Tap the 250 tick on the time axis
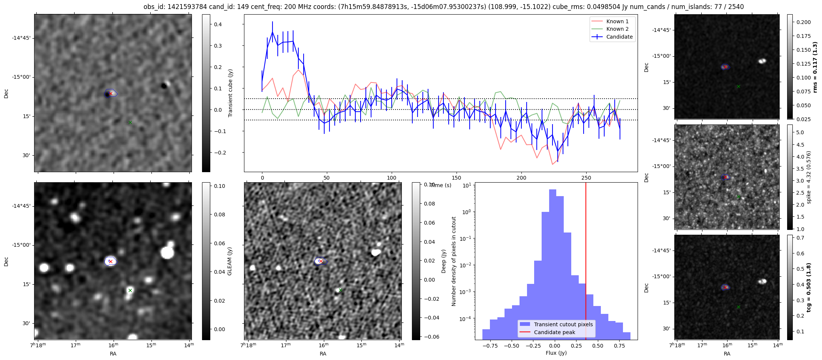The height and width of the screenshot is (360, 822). click(586, 178)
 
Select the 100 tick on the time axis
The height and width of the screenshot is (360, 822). click(392, 178)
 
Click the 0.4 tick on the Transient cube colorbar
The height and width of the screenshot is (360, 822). click(218, 24)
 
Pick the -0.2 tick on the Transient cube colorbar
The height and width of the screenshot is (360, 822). click(219, 153)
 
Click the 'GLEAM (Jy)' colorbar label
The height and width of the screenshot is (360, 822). click(230, 261)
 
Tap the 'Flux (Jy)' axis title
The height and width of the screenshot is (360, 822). click(556, 353)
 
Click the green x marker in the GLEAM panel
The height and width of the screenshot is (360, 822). click(130, 290)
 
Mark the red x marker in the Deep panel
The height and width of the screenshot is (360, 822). click(321, 261)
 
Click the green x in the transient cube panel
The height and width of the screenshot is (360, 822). click(130, 122)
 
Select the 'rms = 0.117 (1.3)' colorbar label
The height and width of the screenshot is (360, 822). click(815, 67)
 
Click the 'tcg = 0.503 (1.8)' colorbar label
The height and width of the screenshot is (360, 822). click(809, 287)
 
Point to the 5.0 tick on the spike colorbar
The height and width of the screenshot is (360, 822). click(800, 132)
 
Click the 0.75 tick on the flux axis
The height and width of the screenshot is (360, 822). click(620, 346)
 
